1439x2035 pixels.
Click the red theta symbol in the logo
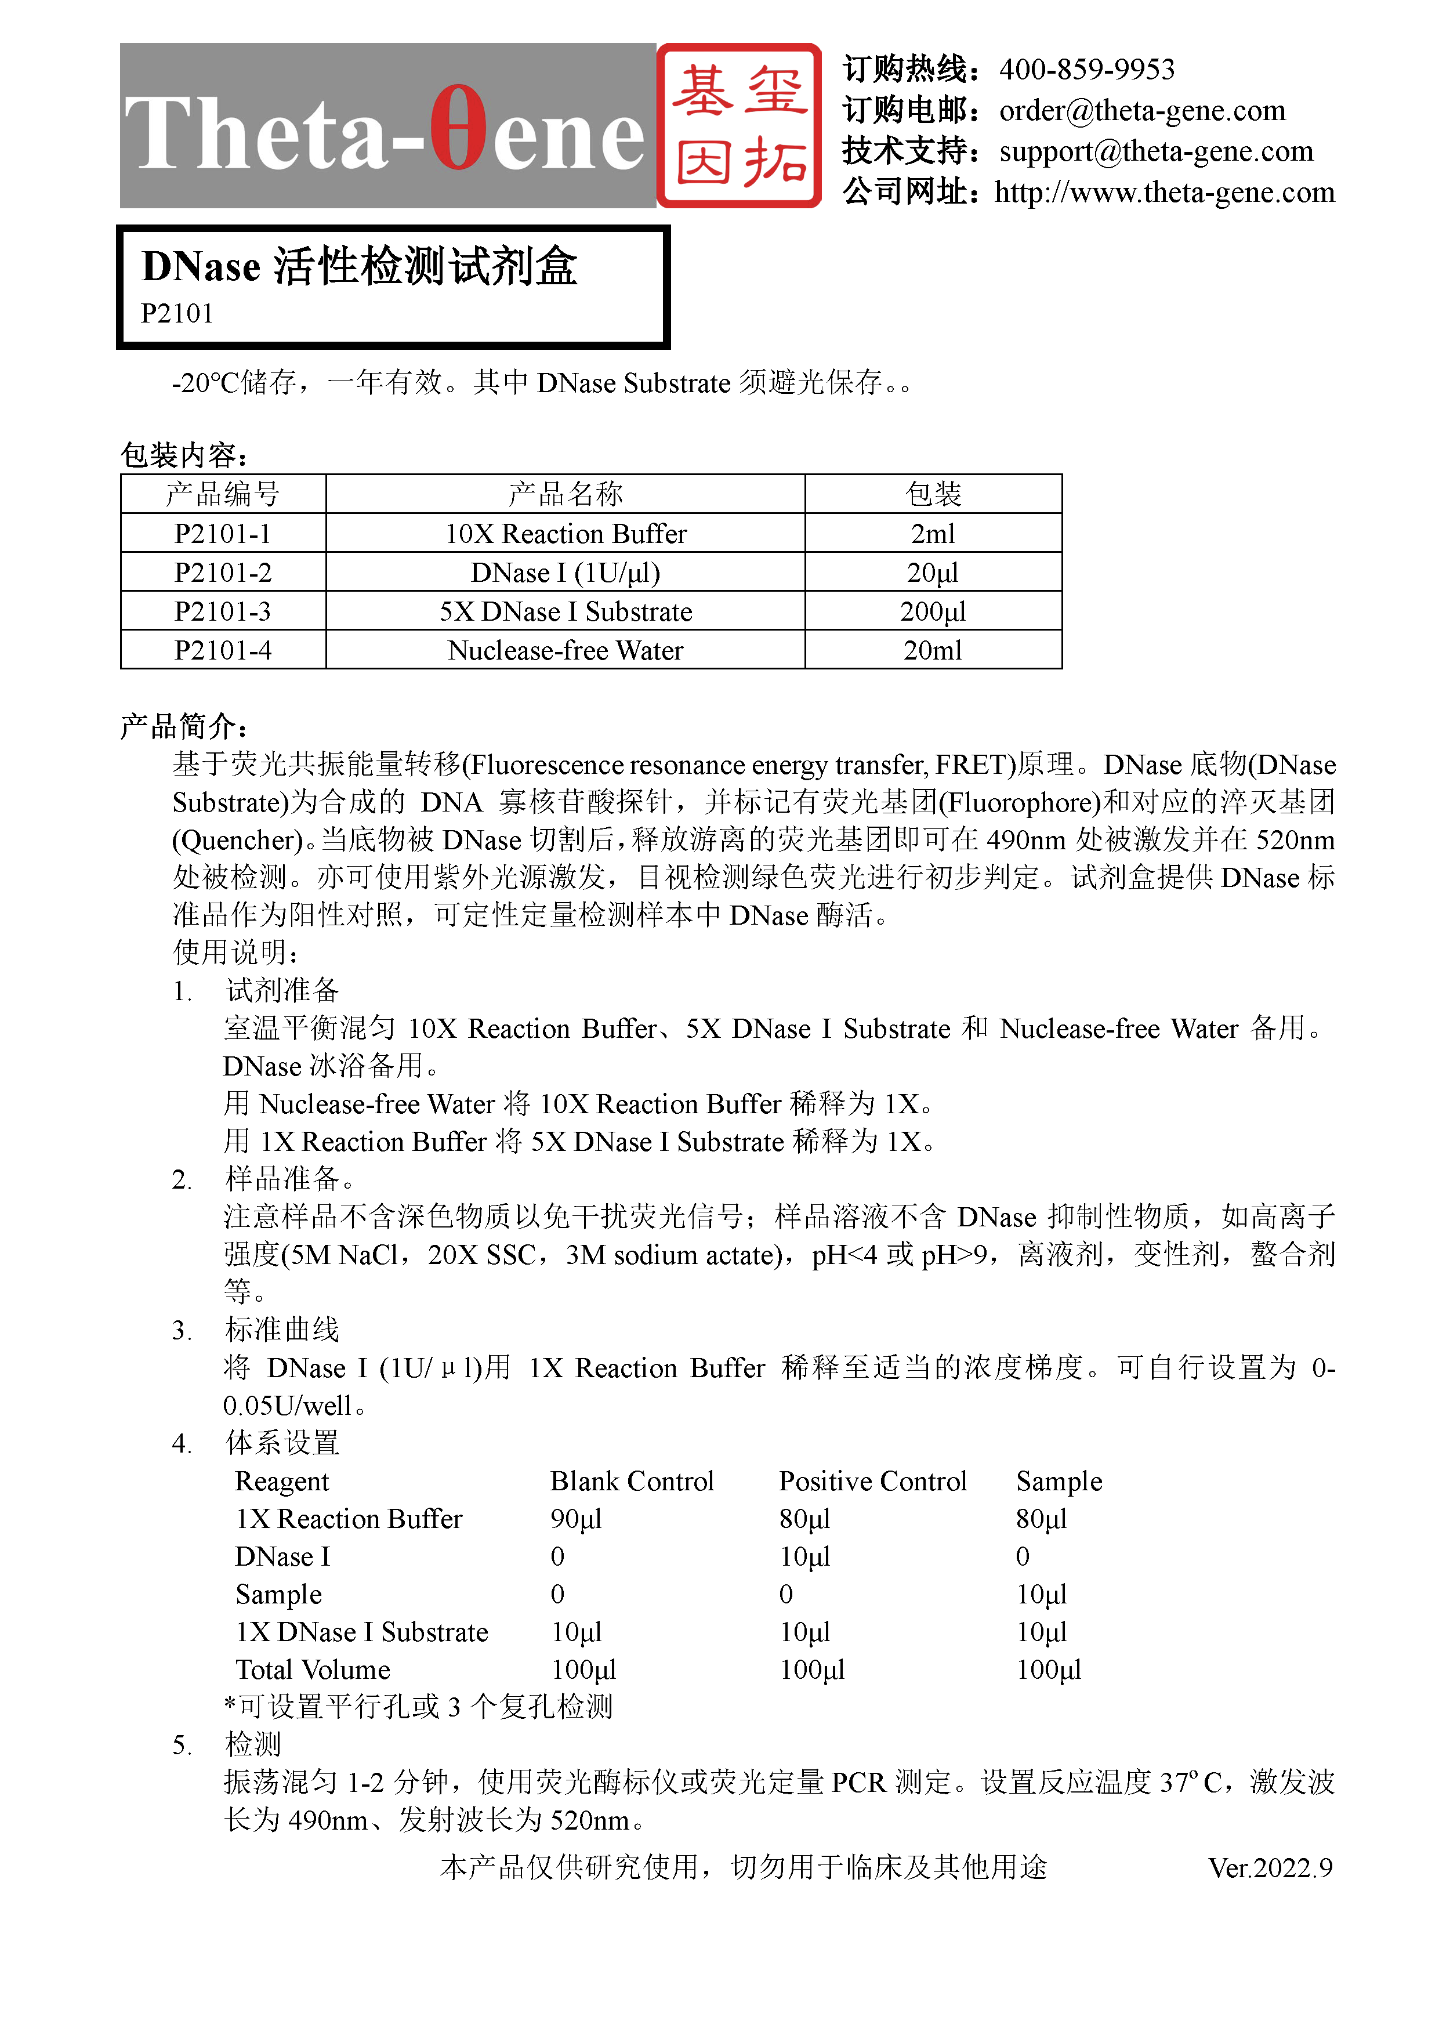pyautogui.click(x=458, y=129)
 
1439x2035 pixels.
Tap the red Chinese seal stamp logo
pyautogui.click(x=739, y=126)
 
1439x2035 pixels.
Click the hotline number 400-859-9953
pyautogui.click(x=1086, y=69)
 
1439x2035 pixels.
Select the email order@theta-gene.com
pyautogui.click(x=1141, y=111)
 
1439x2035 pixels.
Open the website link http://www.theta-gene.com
pyautogui.click(x=1163, y=193)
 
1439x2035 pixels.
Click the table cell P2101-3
pyautogui.click(x=222, y=611)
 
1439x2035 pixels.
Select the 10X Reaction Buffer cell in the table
pyautogui.click(x=566, y=534)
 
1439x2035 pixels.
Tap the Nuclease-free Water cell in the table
pyautogui.click(x=566, y=650)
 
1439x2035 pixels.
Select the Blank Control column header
pyautogui.click(x=632, y=1481)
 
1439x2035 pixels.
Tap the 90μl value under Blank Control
pyautogui.click(x=576, y=1519)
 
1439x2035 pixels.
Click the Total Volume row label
pyautogui.click(x=313, y=1670)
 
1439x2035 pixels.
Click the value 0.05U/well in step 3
pyautogui.click(x=288, y=1406)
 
